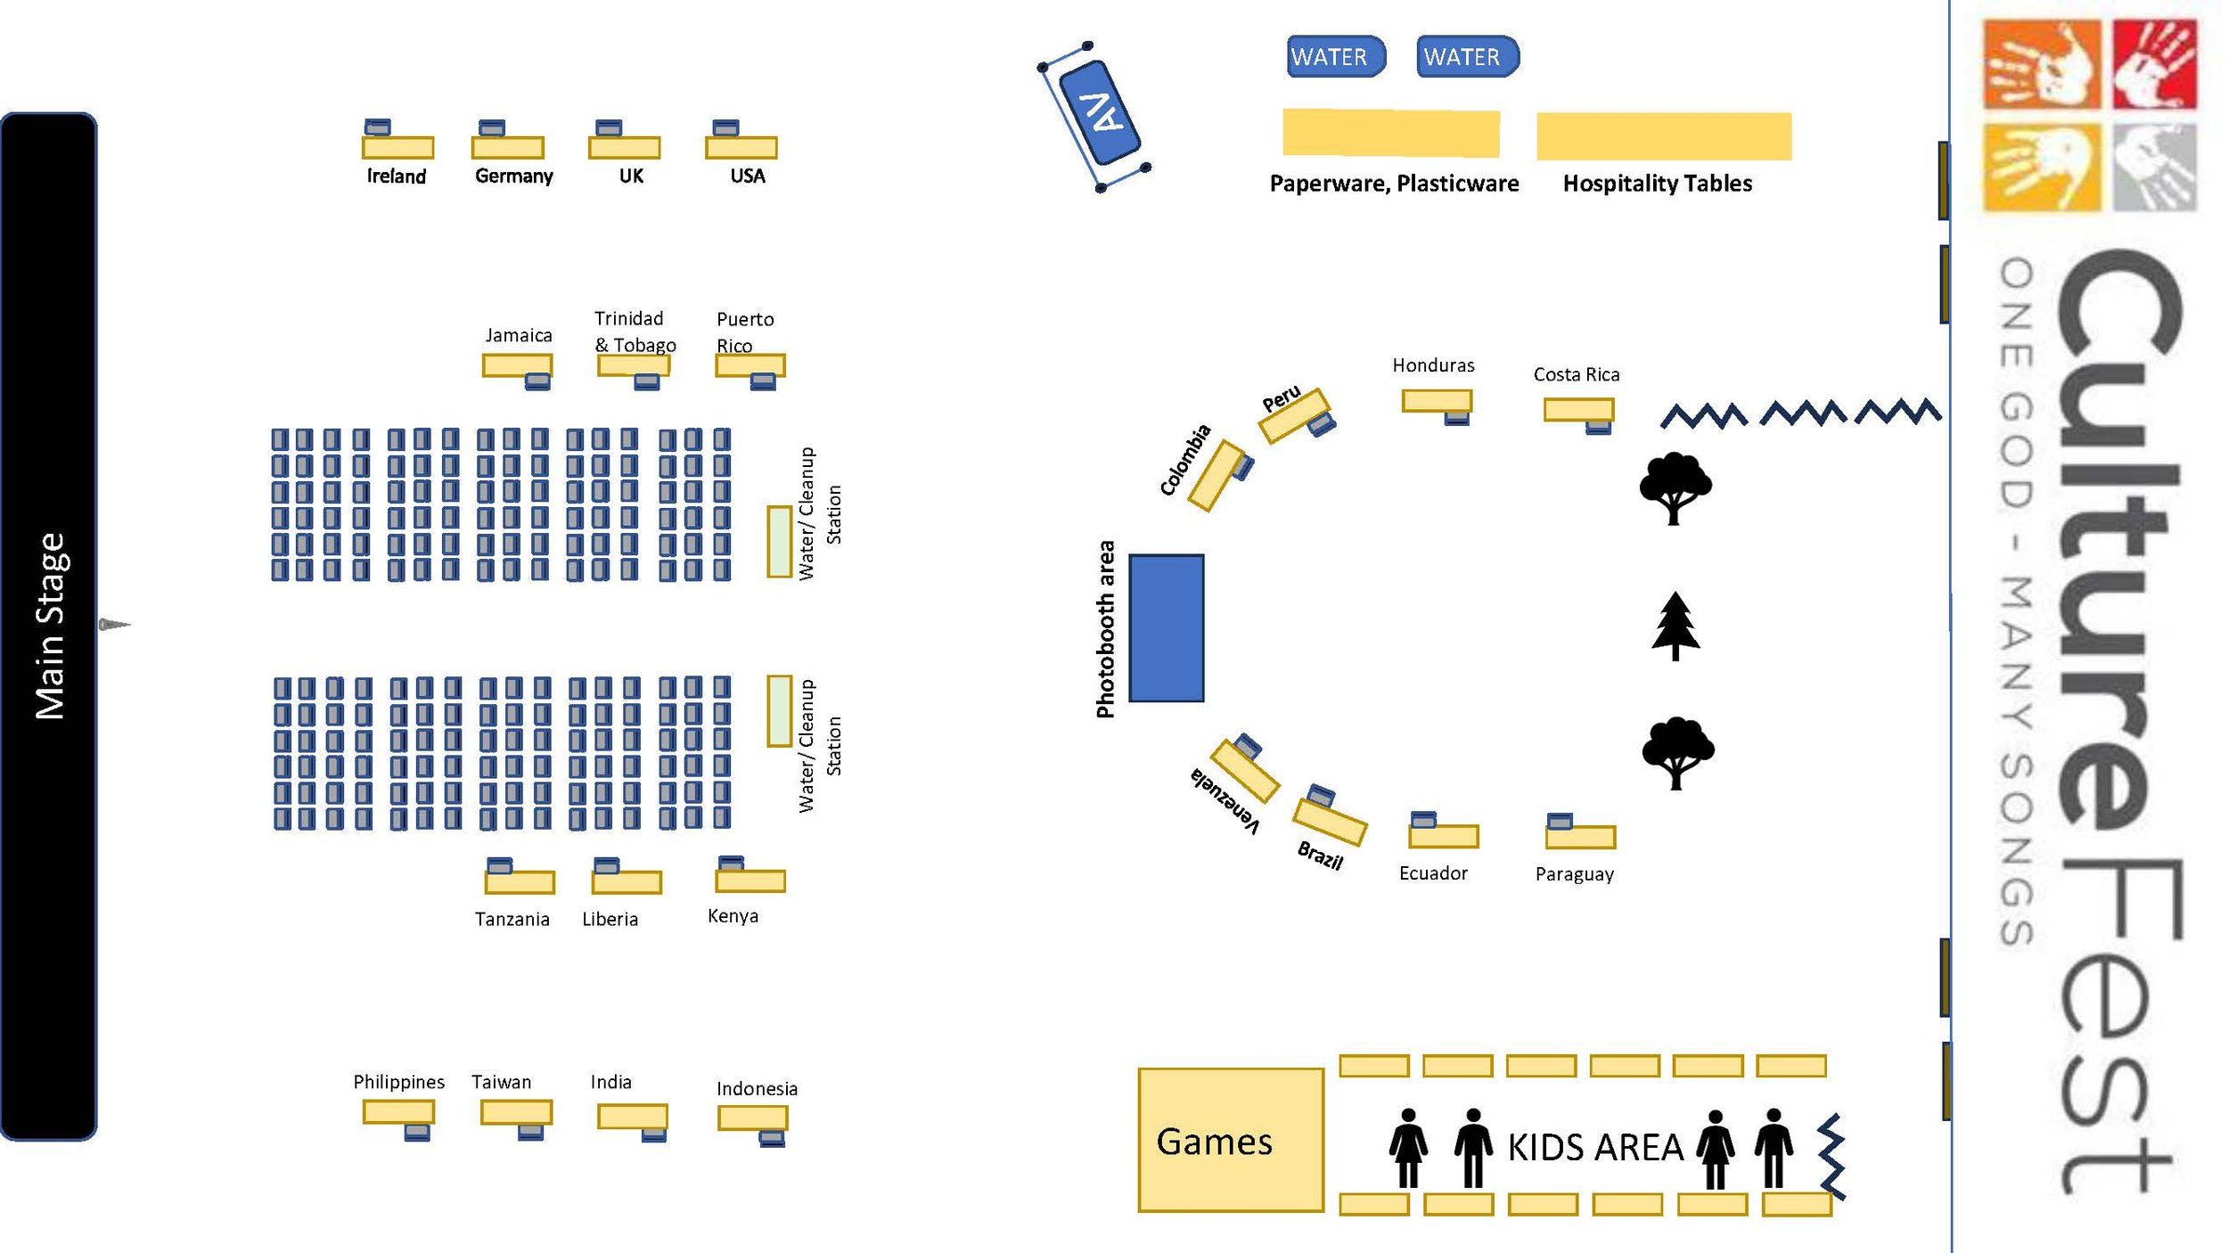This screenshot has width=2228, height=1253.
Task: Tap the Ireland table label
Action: pyautogui.click(x=397, y=176)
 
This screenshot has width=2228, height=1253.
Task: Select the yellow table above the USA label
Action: pyautogui.click(x=741, y=147)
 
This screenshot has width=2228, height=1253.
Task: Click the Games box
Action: pyautogui.click(x=1231, y=1140)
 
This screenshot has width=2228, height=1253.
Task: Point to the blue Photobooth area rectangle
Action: pyautogui.click(x=1167, y=628)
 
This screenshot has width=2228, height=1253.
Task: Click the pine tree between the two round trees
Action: pyautogui.click(x=1675, y=626)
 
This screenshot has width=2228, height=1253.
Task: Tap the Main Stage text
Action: pyautogui.click(x=50, y=626)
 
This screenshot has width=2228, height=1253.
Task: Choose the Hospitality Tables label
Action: pyautogui.click(x=1658, y=184)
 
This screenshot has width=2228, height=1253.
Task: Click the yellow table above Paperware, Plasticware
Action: pyautogui.click(x=1391, y=134)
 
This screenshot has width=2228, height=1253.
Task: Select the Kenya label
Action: pyautogui.click(x=733, y=916)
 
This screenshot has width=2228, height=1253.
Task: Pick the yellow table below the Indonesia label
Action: pyautogui.click(x=753, y=1118)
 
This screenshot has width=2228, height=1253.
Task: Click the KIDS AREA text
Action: pyautogui.click(x=1595, y=1148)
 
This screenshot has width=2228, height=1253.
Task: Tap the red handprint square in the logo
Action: pyautogui.click(x=2154, y=64)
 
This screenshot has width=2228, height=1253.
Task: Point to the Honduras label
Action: pyautogui.click(x=1433, y=365)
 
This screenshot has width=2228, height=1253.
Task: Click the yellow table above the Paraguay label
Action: pyautogui.click(x=1580, y=837)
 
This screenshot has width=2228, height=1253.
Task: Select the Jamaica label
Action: pyautogui.click(x=519, y=336)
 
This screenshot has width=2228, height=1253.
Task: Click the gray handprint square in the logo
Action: pyautogui.click(x=2154, y=167)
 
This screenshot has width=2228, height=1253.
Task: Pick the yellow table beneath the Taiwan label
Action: pyautogui.click(x=516, y=1112)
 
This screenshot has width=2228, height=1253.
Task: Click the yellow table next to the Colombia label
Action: pyautogui.click(x=1216, y=476)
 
